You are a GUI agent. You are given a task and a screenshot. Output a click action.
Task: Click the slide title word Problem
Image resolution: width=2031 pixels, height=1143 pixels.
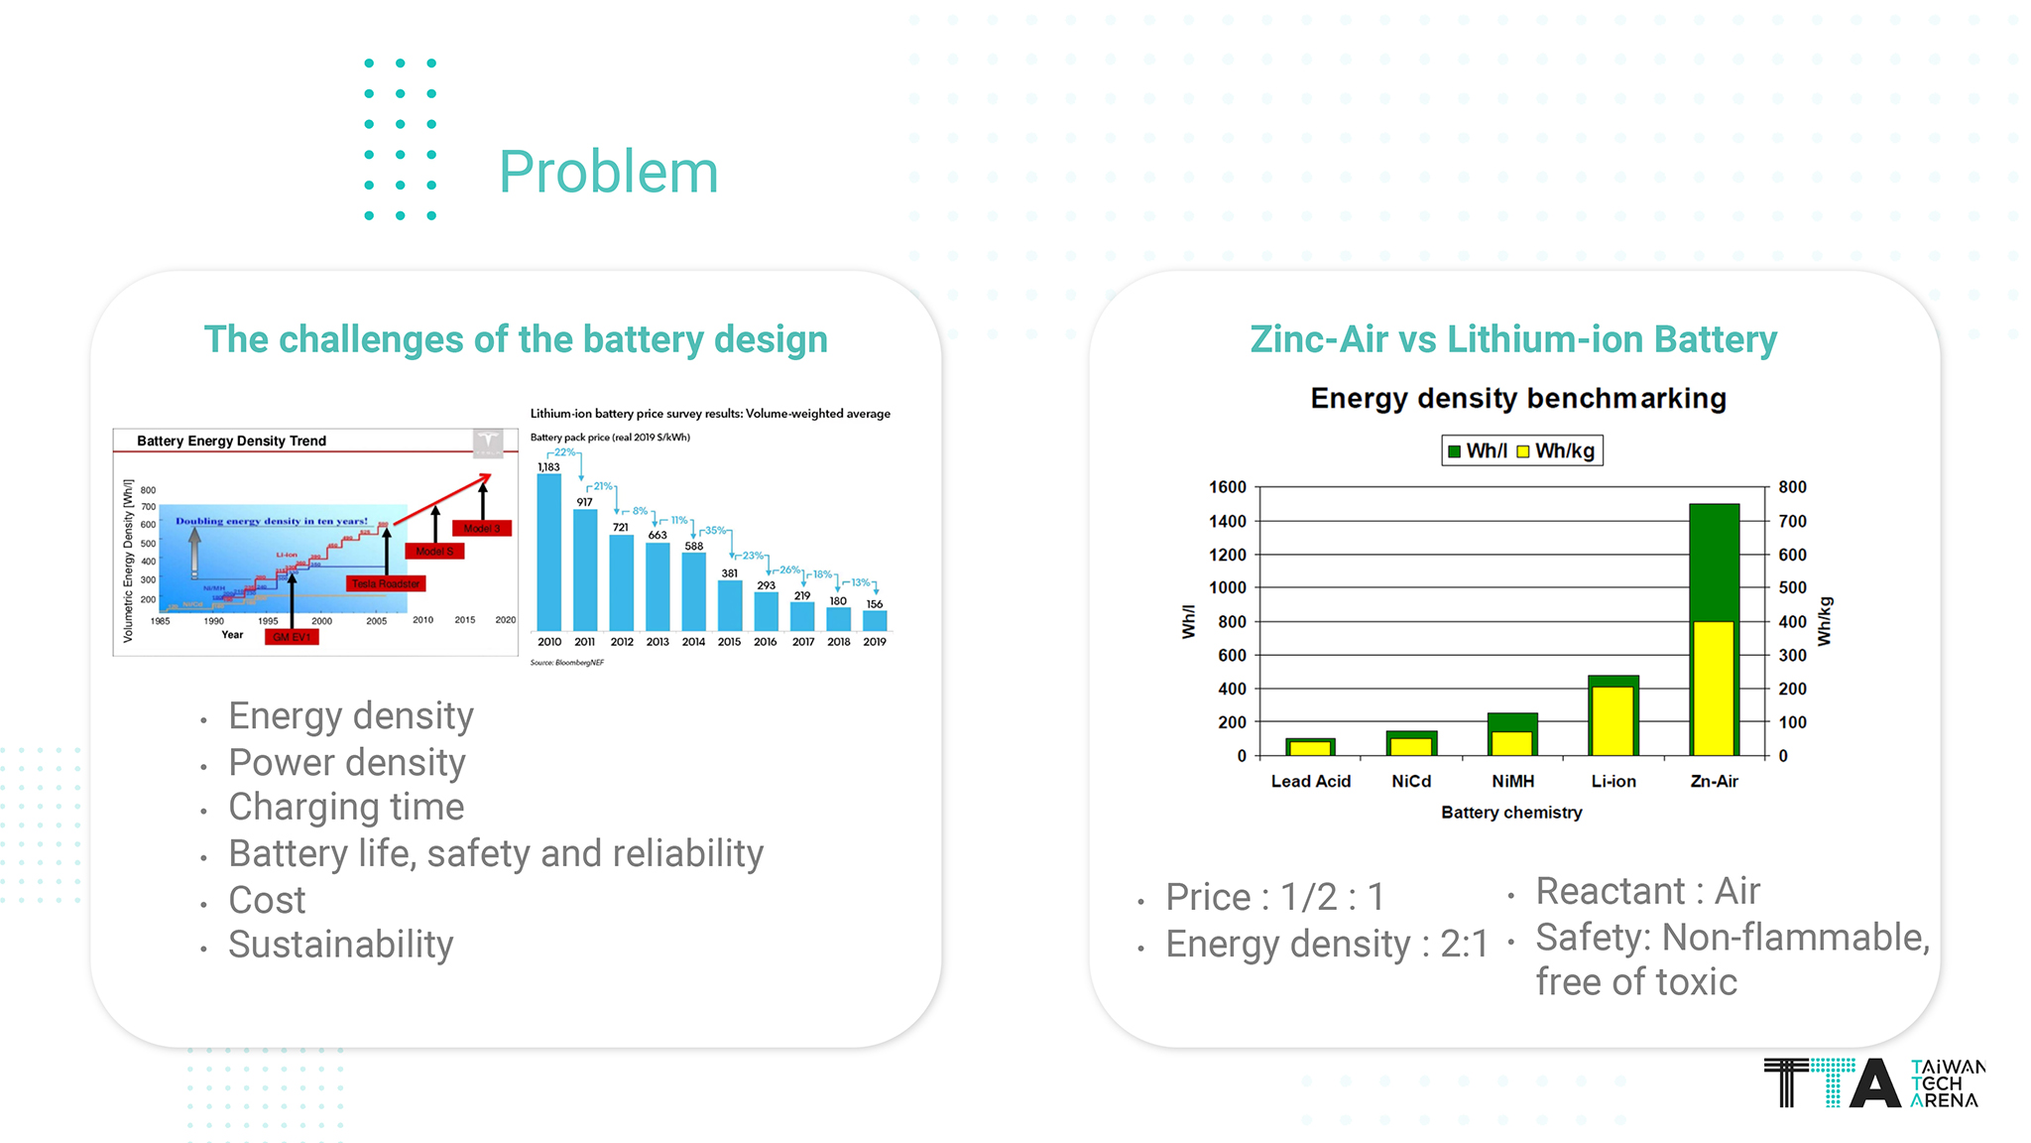(x=608, y=173)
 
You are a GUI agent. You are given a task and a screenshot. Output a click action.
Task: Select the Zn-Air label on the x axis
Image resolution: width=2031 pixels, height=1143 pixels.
(x=1714, y=782)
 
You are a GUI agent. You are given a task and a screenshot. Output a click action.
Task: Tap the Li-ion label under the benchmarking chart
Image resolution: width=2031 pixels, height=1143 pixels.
(x=1613, y=782)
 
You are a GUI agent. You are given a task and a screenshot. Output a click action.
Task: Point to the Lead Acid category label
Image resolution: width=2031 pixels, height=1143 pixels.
(x=1310, y=782)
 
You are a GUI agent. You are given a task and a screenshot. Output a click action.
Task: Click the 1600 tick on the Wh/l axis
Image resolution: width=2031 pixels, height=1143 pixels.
(x=1227, y=487)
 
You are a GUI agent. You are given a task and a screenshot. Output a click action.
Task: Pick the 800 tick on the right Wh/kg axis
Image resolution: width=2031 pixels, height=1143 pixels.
(x=1792, y=487)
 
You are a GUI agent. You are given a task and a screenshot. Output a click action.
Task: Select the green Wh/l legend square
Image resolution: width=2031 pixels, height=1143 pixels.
(x=1454, y=451)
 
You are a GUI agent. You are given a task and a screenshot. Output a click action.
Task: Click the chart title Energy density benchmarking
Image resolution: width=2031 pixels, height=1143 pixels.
(x=1518, y=399)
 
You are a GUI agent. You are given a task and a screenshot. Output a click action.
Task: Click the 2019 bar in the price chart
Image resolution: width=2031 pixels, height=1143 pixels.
(x=875, y=620)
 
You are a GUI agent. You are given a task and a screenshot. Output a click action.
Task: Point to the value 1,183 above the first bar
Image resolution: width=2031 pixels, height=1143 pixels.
(x=548, y=467)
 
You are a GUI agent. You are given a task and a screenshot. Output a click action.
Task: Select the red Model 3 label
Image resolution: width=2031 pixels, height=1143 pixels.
(x=482, y=528)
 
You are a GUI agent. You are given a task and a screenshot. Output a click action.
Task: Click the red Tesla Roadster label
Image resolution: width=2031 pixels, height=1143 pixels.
(x=386, y=583)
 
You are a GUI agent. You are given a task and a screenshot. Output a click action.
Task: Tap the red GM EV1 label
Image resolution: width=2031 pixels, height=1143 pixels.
(x=292, y=637)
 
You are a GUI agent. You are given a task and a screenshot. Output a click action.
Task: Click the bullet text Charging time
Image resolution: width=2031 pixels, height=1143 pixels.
(x=346, y=808)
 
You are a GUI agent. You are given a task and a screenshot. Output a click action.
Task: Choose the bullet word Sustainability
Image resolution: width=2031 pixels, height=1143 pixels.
(x=340, y=945)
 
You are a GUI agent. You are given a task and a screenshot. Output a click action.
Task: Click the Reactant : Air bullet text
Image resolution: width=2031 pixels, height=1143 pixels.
(x=1647, y=891)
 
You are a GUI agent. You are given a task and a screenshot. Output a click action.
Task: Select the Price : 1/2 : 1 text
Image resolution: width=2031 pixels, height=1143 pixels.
(x=1274, y=897)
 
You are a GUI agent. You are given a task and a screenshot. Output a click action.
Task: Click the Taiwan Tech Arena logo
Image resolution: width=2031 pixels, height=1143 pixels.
(x=1873, y=1082)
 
